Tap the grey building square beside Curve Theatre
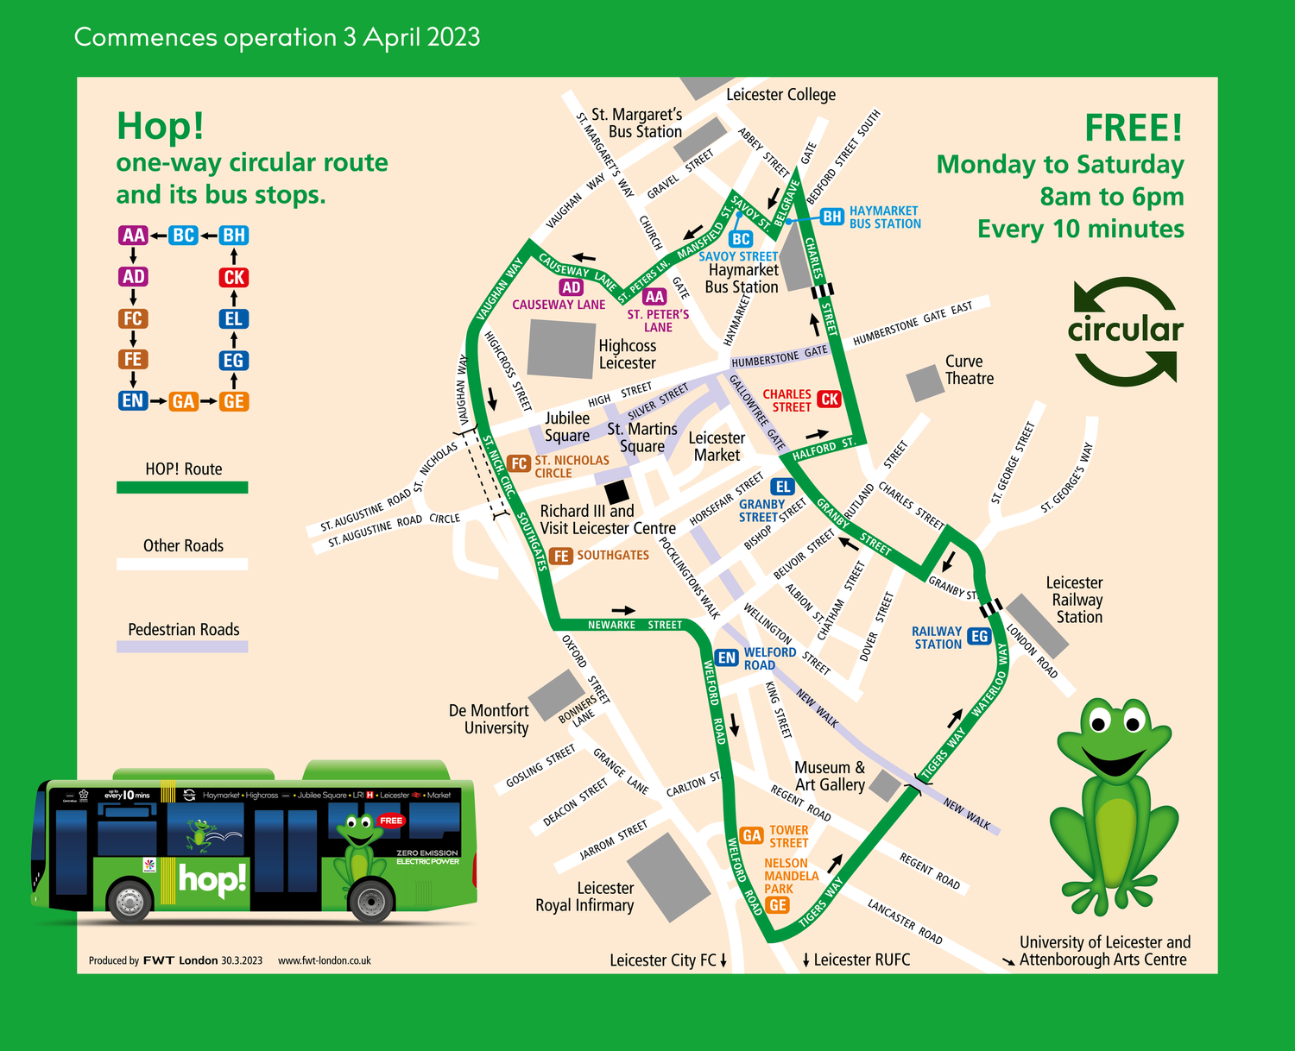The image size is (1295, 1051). [925, 382]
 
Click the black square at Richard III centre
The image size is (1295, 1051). [616, 492]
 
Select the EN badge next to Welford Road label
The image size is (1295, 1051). [727, 658]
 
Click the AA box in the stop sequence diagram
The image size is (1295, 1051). [134, 236]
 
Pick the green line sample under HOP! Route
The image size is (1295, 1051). [182, 488]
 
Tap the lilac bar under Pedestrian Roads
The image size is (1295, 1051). [182, 646]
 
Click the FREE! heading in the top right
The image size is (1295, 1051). [1133, 129]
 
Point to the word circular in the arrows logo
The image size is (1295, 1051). [1125, 330]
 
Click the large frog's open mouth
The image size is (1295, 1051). [1115, 760]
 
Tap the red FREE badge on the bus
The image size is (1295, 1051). [391, 821]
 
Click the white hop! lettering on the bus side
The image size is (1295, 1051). [212, 879]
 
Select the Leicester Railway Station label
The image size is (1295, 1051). [1076, 600]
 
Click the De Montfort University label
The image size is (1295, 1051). [489, 719]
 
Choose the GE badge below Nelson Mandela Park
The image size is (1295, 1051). [778, 905]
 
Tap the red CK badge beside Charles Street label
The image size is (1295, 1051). [830, 399]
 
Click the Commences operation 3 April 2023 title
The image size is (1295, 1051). [276, 37]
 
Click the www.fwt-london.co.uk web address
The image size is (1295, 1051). [324, 960]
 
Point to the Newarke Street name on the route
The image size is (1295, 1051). [635, 625]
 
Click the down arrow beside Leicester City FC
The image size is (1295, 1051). [723, 960]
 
